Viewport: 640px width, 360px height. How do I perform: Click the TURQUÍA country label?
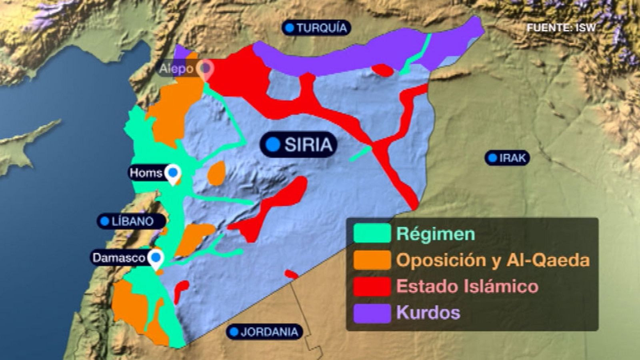[317, 28]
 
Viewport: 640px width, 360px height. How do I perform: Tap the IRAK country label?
[508, 158]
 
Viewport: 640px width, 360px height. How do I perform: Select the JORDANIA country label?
[264, 332]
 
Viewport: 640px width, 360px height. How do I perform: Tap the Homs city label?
[146, 173]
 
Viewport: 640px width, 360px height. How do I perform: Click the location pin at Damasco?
[156, 258]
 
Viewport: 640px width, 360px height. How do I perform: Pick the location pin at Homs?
[173, 174]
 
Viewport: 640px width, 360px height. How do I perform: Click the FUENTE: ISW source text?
[561, 28]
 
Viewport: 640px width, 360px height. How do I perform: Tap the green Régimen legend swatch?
[372, 234]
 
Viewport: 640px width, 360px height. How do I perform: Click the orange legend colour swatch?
[372, 260]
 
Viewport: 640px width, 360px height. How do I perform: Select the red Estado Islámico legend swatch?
[372, 286]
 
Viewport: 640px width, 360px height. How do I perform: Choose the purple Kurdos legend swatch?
[372, 313]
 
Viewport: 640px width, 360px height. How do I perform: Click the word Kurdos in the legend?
[428, 312]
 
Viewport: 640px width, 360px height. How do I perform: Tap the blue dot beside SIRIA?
[273, 144]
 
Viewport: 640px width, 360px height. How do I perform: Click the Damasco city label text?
[118, 258]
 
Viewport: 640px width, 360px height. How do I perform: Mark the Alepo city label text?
[176, 69]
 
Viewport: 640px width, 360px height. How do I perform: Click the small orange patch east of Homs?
[216, 173]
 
